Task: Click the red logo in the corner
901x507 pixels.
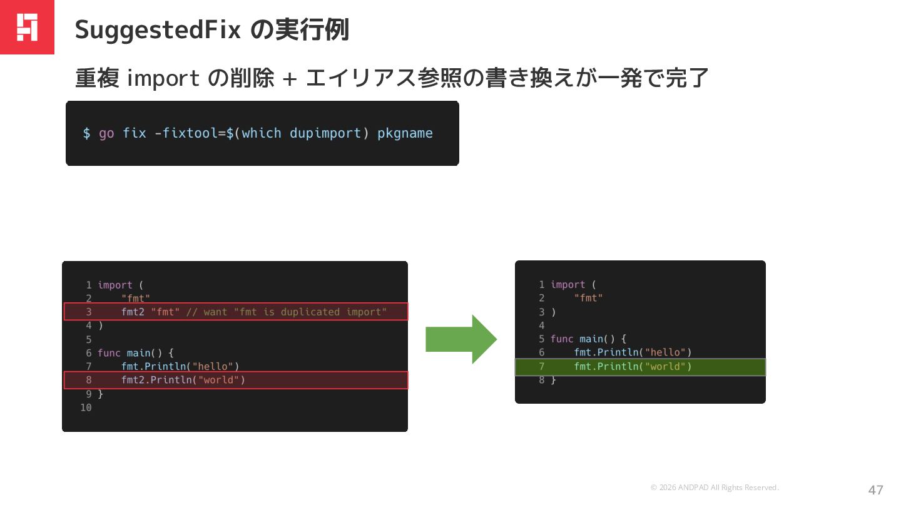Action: pos(27,27)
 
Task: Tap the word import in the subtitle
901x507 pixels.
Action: pos(163,79)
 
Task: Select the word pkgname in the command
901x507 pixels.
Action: pos(405,133)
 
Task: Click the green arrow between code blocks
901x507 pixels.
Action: pos(461,339)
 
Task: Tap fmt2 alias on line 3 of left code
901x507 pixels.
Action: pos(133,312)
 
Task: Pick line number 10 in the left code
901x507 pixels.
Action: pos(86,407)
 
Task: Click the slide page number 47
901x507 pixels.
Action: pos(875,489)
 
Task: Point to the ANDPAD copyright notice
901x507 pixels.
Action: pos(715,488)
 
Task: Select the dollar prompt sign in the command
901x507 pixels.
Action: pos(86,133)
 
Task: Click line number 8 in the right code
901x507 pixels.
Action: pos(541,380)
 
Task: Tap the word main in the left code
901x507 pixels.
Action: pos(138,353)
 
